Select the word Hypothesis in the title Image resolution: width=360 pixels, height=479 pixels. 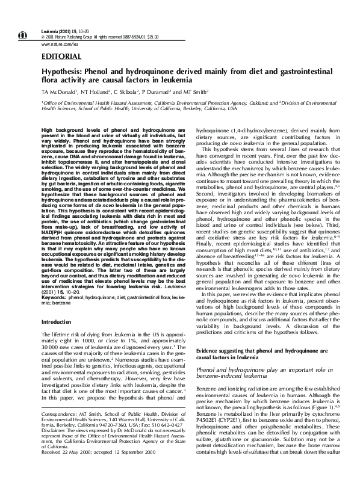point(62,71)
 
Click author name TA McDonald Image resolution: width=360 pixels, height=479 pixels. point(58,91)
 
